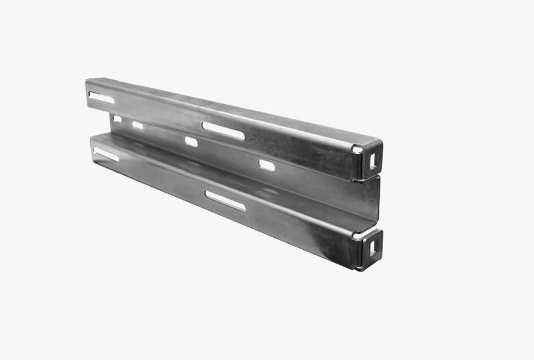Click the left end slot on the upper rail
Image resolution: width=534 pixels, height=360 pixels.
pyautogui.click(x=98, y=95)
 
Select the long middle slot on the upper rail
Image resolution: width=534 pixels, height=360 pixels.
pyautogui.click(x=223, y=130)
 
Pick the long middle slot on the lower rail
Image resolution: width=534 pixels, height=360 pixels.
pyautogui.click(x=225, y=200)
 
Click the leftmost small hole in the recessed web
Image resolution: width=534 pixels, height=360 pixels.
pyautogui.click(x=117, y=119)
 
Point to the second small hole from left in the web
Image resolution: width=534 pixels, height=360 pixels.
pyautogui.click(x=137, y=125)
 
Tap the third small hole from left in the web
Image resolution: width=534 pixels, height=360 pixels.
pyautogui.click(x=191, y=142)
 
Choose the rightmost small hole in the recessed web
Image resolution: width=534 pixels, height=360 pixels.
pyautogui.click(x=266, y=164)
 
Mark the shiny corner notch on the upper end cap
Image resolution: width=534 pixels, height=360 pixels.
pyautogui.click(x=358, y=149)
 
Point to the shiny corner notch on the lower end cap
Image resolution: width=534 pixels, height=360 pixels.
pyautogui.click(x=358, y=236)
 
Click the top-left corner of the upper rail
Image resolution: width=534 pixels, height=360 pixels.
pyautogui.click(x=87, y=80)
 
